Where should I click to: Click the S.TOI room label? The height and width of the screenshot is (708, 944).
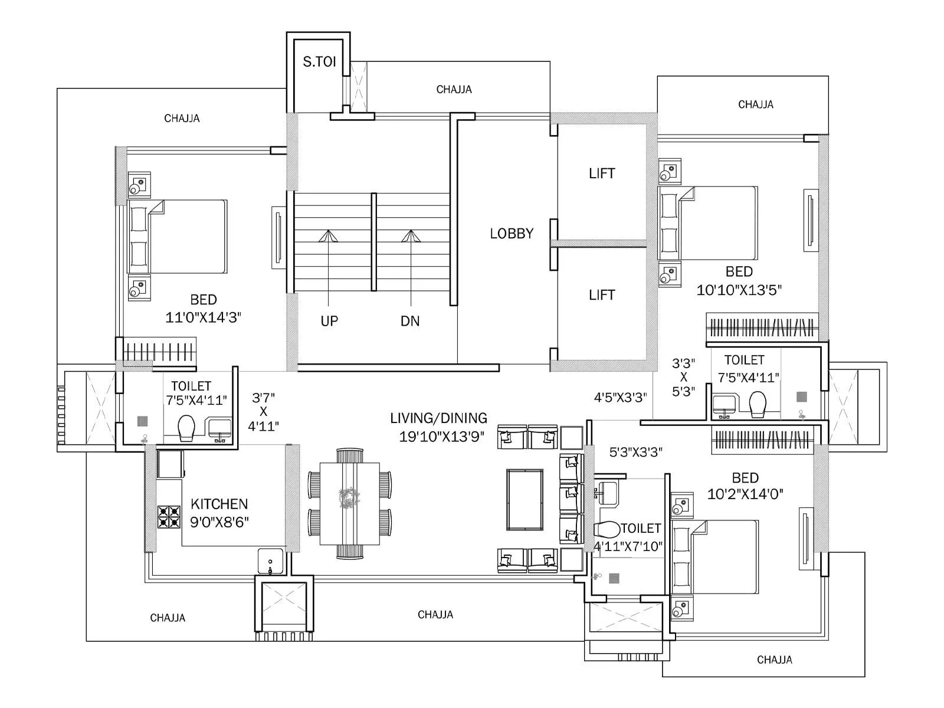pyautogui.click(x=319, y=62)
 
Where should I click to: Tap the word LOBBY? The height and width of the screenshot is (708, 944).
pyautogui.click(x=512, y=234)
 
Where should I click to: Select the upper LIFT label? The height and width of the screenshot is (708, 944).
pyautogui.click(x=602, y=173)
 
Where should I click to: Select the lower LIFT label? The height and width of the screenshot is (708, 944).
pyautogui.click(x=602, y=295)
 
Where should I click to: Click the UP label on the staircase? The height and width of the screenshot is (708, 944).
pyautogui.click(x=329, y=321)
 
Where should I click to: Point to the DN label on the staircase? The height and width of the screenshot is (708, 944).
pyautogui.click(x=410, y=321)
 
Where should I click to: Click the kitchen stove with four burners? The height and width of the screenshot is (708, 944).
pyautogui.click(x=168, y=517)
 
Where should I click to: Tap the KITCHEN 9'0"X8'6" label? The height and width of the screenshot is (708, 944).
pyautogui.click(x=219, y=513)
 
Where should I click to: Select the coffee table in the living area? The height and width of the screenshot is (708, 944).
pyautogui.click(x=525, y=500)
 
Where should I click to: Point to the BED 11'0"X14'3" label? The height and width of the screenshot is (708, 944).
pyautogui.click(x=203, y=309)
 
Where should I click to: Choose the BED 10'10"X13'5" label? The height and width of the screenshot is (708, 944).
pyautogui.click(x=739, y=281)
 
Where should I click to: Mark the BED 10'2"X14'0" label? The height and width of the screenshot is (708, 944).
pyautogui.click(x=745, y=486)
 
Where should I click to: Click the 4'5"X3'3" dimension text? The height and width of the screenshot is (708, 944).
pyautogui.click(x=620, y=398)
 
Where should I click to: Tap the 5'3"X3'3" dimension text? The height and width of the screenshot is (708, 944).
pyautogui.click(x=635, y=453)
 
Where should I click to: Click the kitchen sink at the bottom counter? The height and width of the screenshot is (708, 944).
pyautogui.click(x=270, y=561)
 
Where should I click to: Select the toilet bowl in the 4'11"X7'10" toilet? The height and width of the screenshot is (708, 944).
pyautogui.click(x=607, y=529)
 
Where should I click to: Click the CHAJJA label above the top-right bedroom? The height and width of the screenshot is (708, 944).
pyautogui.click(x=755, y=104)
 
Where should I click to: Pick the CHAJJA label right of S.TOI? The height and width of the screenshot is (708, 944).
pyautogui.click(x=454, y=90)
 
